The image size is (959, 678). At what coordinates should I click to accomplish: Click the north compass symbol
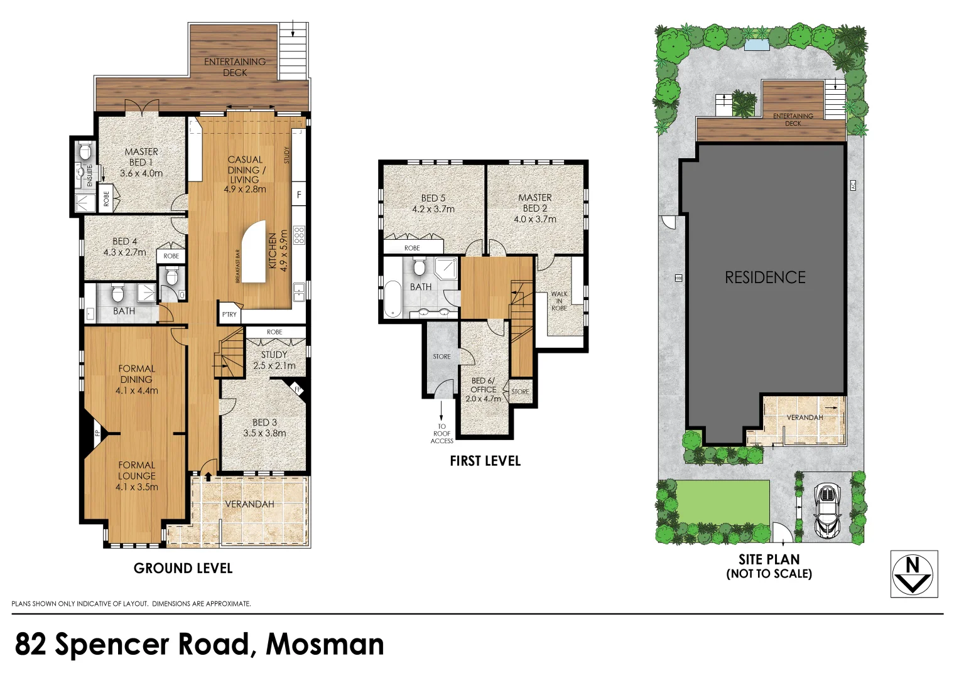(914, 574)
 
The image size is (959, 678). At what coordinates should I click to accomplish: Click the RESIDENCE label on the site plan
(765, 277)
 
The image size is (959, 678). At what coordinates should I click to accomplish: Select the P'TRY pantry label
(229, 315)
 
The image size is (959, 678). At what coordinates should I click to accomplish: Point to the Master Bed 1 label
(141, 157)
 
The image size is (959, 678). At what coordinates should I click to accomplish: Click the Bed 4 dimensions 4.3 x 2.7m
(124, 252)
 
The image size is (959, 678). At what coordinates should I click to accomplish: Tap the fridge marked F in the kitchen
(299, 195)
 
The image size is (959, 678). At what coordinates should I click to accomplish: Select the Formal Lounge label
(136, 470)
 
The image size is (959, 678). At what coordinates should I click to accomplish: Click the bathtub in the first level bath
(393, 299)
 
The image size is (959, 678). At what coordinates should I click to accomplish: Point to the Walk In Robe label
(559, 301)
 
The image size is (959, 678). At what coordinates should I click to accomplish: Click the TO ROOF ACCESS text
(442, 434)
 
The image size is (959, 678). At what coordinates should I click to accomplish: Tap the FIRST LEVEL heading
(485, 461)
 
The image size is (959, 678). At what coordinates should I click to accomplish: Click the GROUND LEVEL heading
(183, 569)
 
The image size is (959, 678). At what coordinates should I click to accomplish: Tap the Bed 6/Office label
(483, 385)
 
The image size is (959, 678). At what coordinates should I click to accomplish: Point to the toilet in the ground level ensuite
(85, 151)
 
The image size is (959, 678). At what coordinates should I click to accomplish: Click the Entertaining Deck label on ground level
(235, 67)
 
